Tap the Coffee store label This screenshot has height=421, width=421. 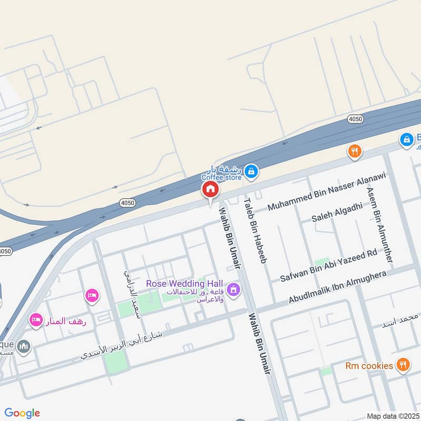pyautogui.click(x=222, y=177)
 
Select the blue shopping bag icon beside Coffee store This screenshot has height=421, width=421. pyautogui.click(x=252, y=171)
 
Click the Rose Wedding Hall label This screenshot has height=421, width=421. pyautogui.click(x=185, y=284)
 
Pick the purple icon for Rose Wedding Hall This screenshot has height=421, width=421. pyautogui.click(x=234, y=289)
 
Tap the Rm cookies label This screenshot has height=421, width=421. pyautogui.click(x=369, y=366)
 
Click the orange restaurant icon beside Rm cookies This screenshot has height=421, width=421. pyautogui.click(x=403, y=365)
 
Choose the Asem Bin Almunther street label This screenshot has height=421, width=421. pyautogui.click(x=380, y=226)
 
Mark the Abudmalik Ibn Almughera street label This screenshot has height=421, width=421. pyautogui.click(x=337, y=287)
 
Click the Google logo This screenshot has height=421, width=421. pyautogui.click(x=22, y=413)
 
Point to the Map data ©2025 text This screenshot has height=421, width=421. pyautogui.click(x=393, y=416)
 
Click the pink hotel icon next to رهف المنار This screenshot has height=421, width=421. pyautogui.click(x=36, y=319)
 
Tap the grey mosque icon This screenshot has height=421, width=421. pyautogui.click(x=24, y=347)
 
